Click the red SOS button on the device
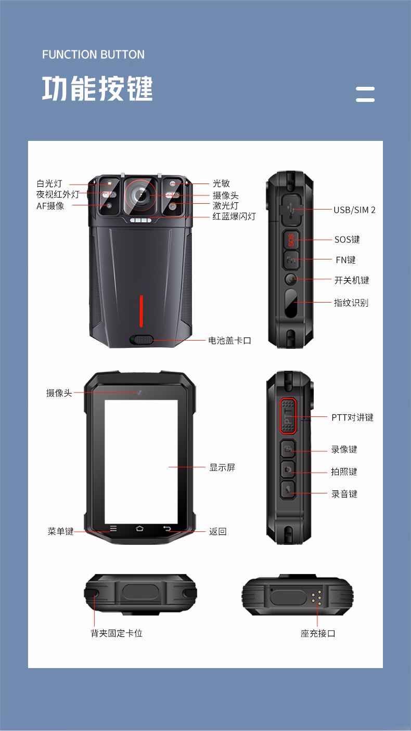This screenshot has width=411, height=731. pos(291,240)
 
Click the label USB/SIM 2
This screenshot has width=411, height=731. pos(354,210)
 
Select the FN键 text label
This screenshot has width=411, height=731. pos(345,259)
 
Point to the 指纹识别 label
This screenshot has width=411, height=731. pos(351,303)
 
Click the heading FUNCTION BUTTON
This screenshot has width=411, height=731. pos(94,55)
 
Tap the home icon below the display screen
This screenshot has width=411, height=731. pos(139,529)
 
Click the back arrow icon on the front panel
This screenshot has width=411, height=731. pos(167,529)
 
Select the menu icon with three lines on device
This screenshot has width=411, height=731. pos(113,529)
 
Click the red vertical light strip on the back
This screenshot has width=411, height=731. pos(141,311)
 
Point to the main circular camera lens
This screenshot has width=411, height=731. pos(140,195)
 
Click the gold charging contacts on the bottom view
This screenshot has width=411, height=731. pos(316,597)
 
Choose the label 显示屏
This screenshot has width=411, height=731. pos(222,467)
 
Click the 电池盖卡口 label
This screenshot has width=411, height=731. pos(230,341)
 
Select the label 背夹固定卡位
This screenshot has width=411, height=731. pos(117,633)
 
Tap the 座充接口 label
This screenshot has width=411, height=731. pos(318,633)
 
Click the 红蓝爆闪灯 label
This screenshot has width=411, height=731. pos(234,216)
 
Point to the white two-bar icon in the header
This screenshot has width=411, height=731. pos(365,94)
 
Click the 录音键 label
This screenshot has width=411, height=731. pos(344,494)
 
